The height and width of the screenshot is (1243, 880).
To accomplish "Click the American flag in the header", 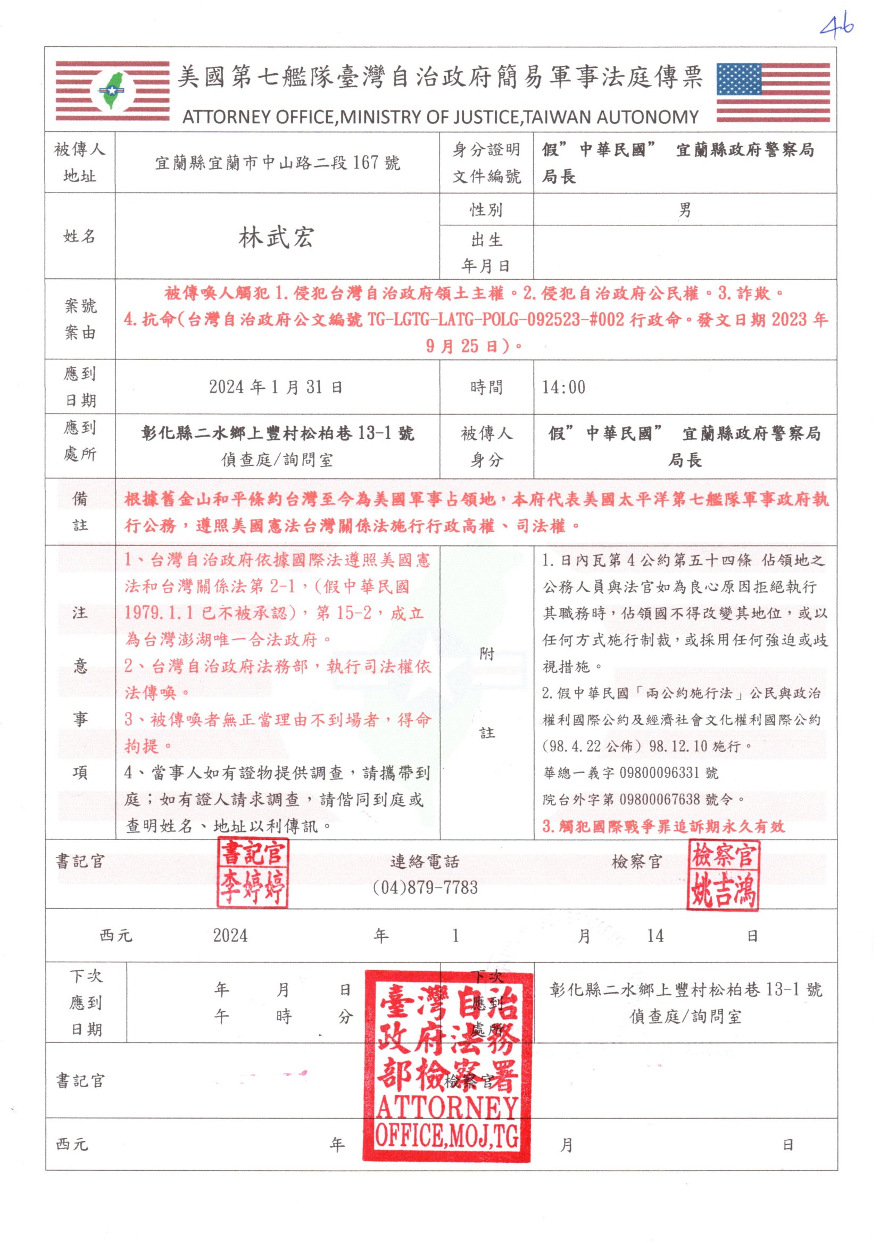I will coord(773,93).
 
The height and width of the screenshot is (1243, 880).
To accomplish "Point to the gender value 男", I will coord(685,210).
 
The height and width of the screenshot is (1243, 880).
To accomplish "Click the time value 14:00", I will coord(563,387).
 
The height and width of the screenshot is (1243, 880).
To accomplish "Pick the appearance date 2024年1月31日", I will coord(276,387).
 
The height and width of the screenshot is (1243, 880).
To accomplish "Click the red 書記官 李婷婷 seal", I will coord(253,872).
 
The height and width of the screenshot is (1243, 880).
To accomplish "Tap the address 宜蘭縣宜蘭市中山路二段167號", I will coord(277,162).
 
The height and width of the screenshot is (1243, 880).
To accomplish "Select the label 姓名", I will coord(80,236).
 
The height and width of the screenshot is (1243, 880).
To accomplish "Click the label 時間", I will coord(486,387).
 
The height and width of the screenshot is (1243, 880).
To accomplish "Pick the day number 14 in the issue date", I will coord(655,936).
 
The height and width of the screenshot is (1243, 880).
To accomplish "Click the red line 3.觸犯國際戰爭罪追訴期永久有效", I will coord(663,826).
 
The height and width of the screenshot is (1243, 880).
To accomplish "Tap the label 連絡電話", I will coord(425,861).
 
